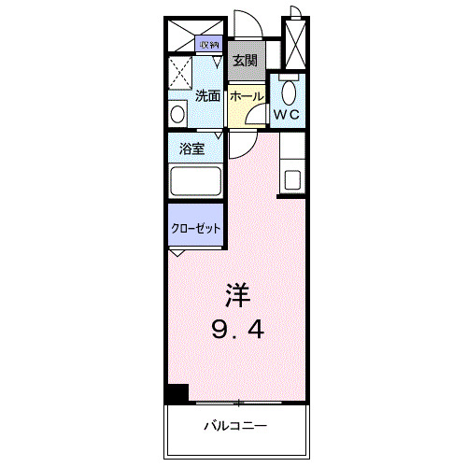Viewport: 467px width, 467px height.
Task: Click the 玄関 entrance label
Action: point(244,61)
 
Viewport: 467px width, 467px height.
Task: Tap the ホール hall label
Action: point(245,95)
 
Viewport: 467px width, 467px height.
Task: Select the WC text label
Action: point(285,115)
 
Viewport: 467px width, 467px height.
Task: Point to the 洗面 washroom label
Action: point(207,95)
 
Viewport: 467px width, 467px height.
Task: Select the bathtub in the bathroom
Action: point(194,181)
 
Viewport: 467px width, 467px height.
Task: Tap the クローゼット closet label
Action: point(196,227)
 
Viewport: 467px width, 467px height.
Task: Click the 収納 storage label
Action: point(207,44)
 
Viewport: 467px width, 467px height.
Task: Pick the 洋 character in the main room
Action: point(239,296)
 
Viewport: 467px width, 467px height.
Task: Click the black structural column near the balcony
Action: point(177,394)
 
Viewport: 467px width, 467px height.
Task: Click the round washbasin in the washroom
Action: point(178,113)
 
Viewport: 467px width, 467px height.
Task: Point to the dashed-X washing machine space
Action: point(181,73)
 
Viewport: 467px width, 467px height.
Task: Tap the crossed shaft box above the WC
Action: point(295,43)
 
